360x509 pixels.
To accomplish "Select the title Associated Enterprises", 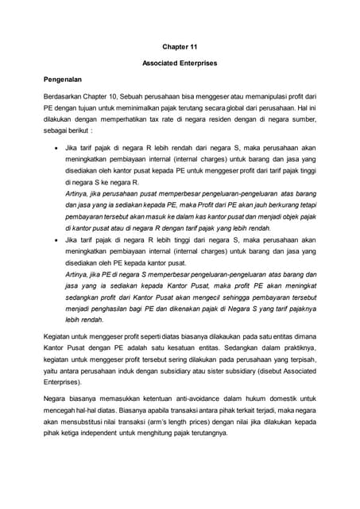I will point(180,63).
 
